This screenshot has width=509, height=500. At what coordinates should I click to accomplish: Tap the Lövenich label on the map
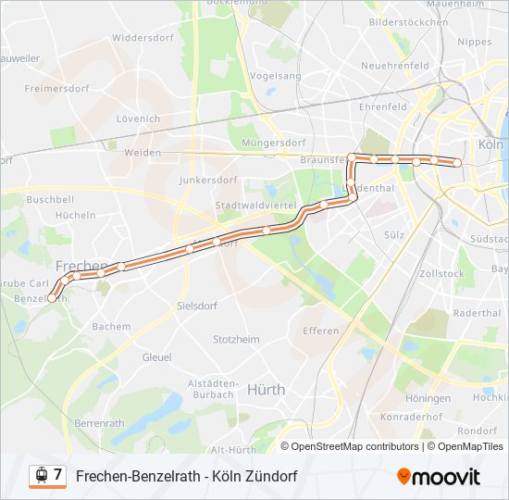(138, 119)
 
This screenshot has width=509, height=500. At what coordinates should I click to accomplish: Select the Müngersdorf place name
(273, 143)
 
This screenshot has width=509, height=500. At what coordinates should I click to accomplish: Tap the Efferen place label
(321, 331)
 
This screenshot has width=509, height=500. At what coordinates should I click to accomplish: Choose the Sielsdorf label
(196, 305)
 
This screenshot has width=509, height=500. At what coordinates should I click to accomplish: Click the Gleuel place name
(156, 356)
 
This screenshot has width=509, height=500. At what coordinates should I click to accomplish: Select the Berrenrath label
(99, 423)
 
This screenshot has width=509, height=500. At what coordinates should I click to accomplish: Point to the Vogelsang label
(276, 76)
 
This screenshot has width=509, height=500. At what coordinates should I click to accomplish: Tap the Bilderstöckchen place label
(408, 20)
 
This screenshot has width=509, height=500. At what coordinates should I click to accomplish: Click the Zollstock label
(441, 274)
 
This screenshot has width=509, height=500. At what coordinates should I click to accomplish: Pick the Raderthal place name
(478, 313)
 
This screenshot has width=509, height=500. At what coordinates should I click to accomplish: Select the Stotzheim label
(236, 340)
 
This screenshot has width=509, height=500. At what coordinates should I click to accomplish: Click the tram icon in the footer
(40, 476)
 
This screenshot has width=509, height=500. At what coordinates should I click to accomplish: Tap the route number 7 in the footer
(57, 475)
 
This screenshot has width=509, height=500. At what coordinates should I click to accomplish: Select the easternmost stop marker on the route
(456, 163)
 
